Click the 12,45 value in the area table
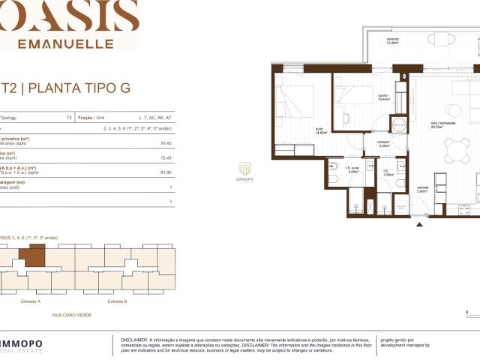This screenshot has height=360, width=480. click(166, 157)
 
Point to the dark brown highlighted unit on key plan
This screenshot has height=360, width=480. click(33, 257)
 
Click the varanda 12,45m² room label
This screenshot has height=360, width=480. click(393, 40)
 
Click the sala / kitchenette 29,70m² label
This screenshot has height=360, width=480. click(437, 126)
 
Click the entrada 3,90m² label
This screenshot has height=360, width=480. click(422, 190)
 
